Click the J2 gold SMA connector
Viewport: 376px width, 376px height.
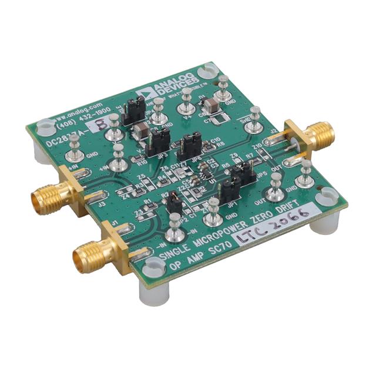coord(314,136)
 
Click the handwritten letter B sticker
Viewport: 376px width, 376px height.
coord(100,124)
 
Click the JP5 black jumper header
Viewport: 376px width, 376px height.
coord(242,173)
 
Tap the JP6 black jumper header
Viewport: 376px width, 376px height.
coord(190,143)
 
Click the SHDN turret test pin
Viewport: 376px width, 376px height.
coord(255,115)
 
